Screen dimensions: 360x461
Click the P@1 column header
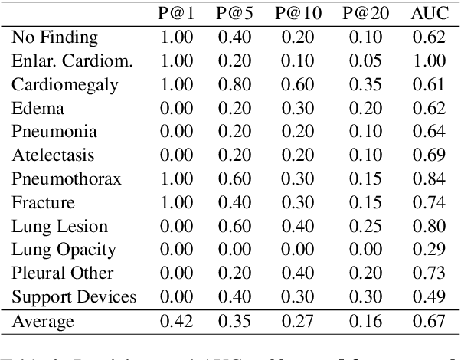coord(175,13)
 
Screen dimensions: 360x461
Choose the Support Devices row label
coord(74,297)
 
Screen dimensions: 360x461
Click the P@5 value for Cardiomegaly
coord(236,84)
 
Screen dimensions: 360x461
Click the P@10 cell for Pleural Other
coord(300,273)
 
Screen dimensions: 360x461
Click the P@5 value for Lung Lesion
coord(236,227)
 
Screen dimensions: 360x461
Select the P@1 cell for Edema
coord(175,108)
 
